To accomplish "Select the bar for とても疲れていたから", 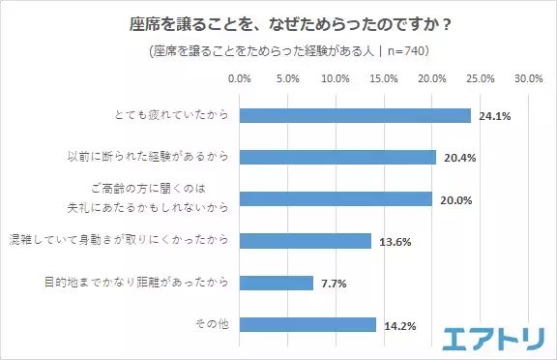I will pos(354,115).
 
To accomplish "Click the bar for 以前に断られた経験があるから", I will pos(337,157).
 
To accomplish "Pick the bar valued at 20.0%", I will pos(335,198).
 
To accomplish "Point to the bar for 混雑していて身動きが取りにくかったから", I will pos(304,241).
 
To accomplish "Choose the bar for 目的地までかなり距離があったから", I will pos(276,283).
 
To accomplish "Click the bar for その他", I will pos(307,325).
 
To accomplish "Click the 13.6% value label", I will pos(396,242).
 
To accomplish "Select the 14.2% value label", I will pos(400,326).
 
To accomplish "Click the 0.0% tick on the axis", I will pos(239,78).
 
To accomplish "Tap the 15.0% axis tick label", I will pos(383,78).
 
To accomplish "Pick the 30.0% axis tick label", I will pos(527,78).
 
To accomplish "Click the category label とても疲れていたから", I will pos(169,115).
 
